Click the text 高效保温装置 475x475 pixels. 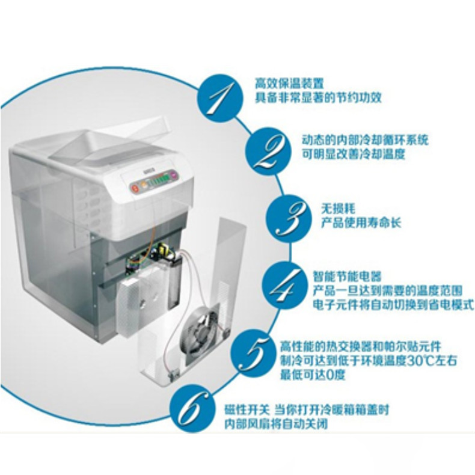click(289, 83)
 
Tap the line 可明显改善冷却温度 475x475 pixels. click(354, 155)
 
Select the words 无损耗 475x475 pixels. click(338, 209)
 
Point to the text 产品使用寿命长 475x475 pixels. click(361, 223)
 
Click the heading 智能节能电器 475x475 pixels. click(347, 277)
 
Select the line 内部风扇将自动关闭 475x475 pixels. click(276, 424)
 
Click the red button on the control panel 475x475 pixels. click(135, 188)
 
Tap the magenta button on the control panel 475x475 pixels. click(173, 174)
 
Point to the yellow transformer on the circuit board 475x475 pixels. click(165, 251)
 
